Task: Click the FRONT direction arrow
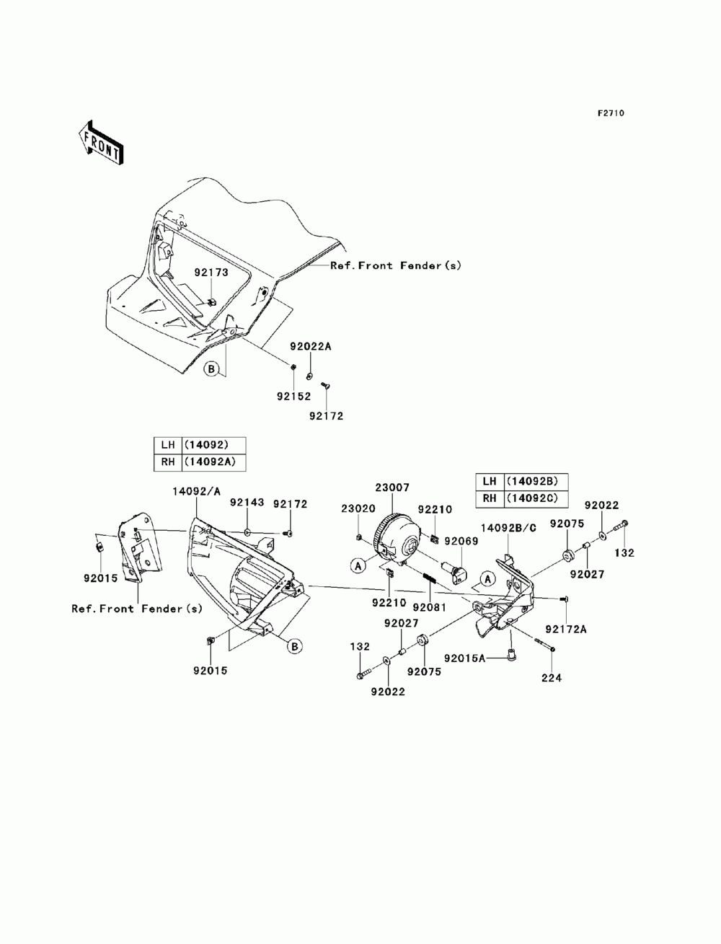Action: (101, 141)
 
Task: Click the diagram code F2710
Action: (611, 113)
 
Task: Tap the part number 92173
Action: (211, 272)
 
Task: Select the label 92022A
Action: (311, 346)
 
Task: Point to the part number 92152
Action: (293, 396)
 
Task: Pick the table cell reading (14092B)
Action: (536, 481)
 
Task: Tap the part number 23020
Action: (358, 508)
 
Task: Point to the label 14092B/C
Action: (508, 528)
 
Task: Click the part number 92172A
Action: (566, 629)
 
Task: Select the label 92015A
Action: (464, 658)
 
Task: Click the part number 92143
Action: (247, 503)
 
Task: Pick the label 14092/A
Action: (197, 491)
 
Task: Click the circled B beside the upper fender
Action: (211, 369)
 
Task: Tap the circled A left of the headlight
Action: (358, 566)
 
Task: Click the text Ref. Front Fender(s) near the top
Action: (396, 265)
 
